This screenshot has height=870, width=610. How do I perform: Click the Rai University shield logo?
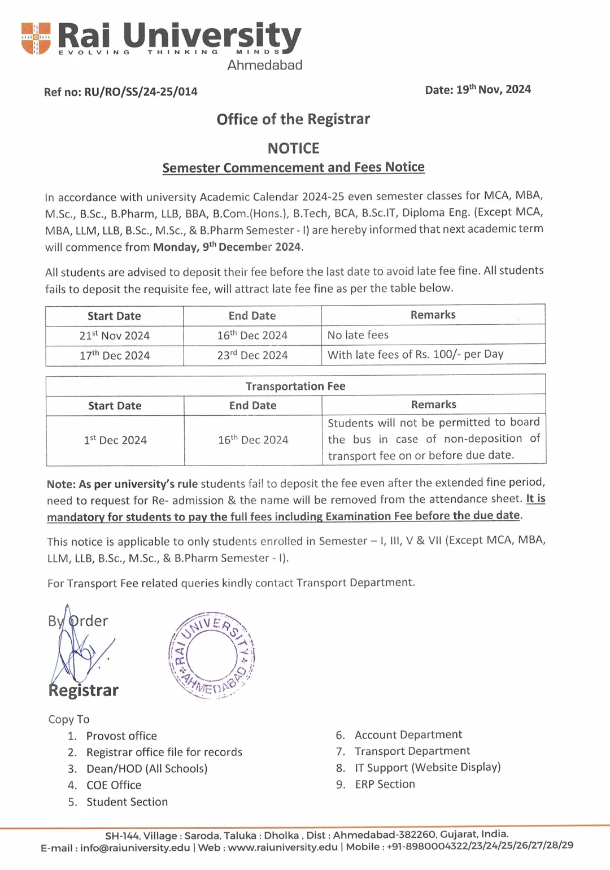[36, 38]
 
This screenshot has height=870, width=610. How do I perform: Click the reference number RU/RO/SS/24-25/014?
[141, 92]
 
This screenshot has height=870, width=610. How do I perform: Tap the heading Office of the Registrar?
[293, 119]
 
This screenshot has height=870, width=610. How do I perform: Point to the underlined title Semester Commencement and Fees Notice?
[293, 168]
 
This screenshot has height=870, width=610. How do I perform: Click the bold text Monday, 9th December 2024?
[228, 247]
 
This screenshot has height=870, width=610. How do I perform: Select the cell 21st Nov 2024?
[114, 336]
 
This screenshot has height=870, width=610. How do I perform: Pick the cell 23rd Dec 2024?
[252, 355]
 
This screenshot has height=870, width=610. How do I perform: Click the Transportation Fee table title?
[295, 386]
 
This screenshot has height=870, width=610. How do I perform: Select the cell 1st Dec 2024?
[115, 440]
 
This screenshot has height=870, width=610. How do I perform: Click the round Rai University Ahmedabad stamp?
[212, 655]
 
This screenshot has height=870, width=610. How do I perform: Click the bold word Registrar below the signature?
[84, 691]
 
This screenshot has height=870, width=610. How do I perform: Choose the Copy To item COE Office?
[114, 785]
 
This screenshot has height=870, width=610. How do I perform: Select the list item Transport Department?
[412, 751]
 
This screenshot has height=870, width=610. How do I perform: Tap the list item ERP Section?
[385, 784]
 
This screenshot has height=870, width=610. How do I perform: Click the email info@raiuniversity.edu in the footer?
[135, 847]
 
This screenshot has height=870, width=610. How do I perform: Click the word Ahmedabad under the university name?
[264, 65]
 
